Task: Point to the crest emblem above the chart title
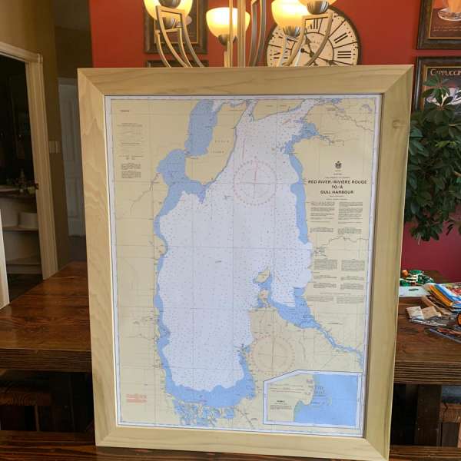pyautogui.click(x=337, y=164)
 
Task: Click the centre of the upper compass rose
pyautogui.click(x=254, y=182)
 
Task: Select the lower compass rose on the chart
pyautogui.click(x=274, y=353)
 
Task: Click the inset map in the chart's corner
pyautogui.click(x=312, y=399)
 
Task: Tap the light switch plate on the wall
pyautogui.click(x=54, y=146)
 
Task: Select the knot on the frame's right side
pyautogui.click(x=397, y=124)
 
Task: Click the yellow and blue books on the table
pyautogui.click(x=445, y=296)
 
